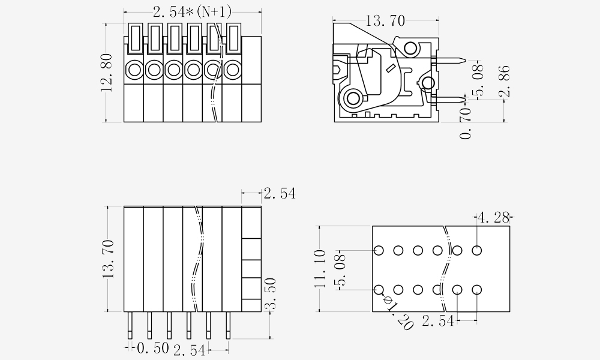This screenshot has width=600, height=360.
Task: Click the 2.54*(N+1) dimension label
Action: [192, 11]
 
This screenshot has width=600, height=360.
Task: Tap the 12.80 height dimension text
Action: [107, 73]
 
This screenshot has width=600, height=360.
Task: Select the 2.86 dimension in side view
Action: [505, 82]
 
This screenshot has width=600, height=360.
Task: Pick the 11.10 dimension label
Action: [320, 269]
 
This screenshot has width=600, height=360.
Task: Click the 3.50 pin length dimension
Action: [271, 293]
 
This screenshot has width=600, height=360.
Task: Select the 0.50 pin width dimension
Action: [152, 349]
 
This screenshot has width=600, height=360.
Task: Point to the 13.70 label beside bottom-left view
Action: [108, 259]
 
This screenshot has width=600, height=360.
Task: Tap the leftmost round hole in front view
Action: [134, 70]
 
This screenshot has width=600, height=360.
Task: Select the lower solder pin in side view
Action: [449, 99]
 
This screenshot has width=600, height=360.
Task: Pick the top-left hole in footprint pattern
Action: [379, 250]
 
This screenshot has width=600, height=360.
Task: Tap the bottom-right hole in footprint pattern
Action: [477, 290]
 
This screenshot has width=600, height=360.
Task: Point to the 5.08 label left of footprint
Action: [340, 270]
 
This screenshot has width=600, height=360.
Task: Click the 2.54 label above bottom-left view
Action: [279, 193]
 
